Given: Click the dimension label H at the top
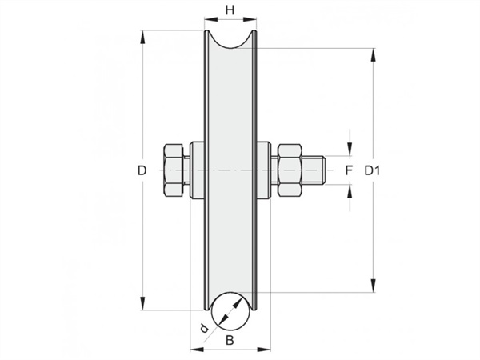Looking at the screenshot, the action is [230, 10].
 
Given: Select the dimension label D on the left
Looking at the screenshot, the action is [142, 170].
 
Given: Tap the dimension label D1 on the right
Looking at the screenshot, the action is [372, 170].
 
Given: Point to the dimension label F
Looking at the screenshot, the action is [349, 170].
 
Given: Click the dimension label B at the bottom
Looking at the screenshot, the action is [230, 340].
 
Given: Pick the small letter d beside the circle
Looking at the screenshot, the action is [203, 329].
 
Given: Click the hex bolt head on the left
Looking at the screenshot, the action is [174, 170].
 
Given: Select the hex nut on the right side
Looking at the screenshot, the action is [290, 170].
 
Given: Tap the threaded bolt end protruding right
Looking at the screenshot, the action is [314, 170].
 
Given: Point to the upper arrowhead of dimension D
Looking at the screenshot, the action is [142, 38].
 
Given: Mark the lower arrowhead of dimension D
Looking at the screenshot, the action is [142, 303].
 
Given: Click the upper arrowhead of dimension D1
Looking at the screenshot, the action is [373, 55].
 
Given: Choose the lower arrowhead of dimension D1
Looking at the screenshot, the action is [373, 286].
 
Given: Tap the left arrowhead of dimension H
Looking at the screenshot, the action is [211, 19].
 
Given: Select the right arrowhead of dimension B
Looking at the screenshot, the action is [263, 349].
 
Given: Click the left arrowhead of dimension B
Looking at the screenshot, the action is [198, 349].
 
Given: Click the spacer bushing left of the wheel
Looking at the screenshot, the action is [197, 170].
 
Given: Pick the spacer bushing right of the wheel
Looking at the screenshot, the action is [263, 170].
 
